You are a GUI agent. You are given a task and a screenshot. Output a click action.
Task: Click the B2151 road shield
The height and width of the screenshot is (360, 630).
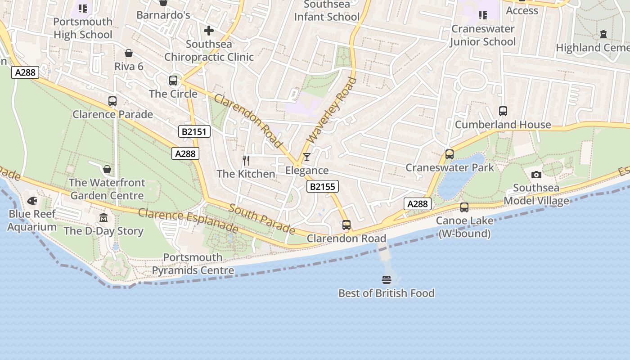[x=194, y=131]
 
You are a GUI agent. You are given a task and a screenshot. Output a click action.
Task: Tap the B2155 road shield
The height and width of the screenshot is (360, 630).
[x=322, y=186]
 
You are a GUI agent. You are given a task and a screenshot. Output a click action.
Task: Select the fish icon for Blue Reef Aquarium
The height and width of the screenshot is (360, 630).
[x=32, y=201]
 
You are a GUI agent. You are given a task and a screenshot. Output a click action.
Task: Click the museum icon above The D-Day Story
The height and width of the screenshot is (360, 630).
[x=103, y=218]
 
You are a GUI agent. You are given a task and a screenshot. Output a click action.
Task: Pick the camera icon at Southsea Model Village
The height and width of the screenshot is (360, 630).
[x=536, y=175]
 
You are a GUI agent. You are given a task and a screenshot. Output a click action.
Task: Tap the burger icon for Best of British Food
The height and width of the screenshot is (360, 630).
[x=386, y=280]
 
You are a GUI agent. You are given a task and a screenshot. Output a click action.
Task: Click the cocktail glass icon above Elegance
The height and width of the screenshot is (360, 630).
[x=306, y=157]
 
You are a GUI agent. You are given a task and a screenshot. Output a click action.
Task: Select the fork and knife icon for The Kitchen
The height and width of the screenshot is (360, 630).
[x=246, y=160]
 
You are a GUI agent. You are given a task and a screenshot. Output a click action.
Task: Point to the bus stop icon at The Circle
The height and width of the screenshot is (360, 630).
[x=173, y=81]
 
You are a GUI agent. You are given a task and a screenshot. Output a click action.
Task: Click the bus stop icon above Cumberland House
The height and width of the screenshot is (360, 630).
[x=503, y=111]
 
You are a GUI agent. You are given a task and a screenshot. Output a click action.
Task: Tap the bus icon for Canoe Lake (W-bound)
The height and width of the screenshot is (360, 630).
[x=464, y=207]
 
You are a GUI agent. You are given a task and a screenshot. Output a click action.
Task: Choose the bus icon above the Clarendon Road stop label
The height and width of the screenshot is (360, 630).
[x=346, y=225]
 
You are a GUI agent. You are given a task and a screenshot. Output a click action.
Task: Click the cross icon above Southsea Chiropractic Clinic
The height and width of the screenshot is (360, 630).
[x=208, y=31]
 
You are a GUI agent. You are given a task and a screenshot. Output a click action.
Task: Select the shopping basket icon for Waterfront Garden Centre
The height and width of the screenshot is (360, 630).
[x=107, y=169]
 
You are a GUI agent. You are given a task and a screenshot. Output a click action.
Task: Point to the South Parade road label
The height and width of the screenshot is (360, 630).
[x=261, y=219]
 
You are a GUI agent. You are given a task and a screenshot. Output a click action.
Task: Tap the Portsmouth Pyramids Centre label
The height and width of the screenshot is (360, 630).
[x=193, y=264]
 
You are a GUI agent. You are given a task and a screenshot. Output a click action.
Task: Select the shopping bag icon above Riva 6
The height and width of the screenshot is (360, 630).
[x=129, y=53]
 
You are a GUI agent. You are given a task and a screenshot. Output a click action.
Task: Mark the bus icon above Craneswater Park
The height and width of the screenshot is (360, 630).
[x=449, y=154]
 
